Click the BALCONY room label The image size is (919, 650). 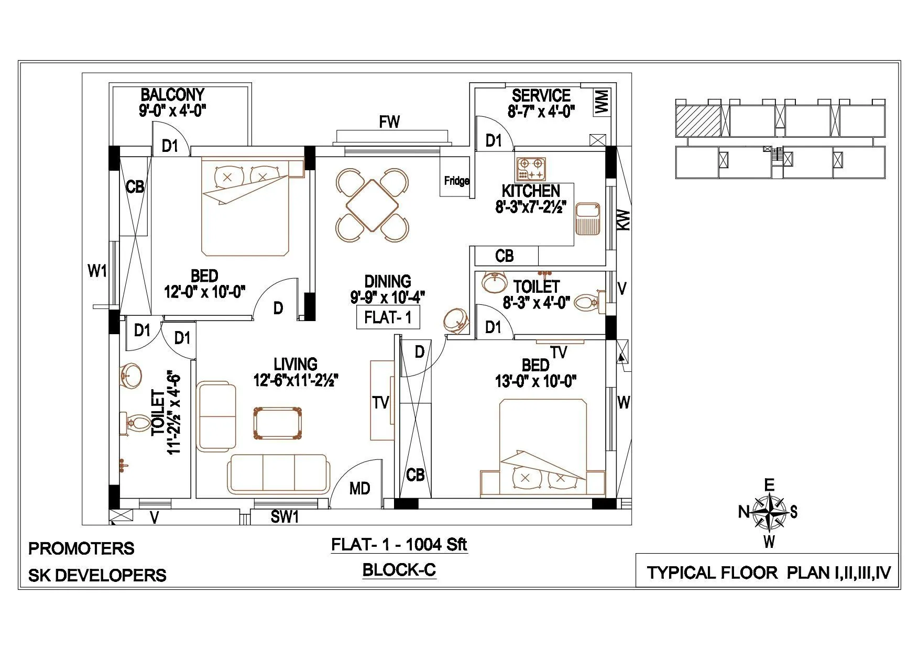(x=172, y=95)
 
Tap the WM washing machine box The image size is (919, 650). (x=601, y=102)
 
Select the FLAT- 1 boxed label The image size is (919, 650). (x=388, y=318)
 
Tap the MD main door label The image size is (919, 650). (x=359, y=489)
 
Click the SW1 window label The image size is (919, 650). (x=285, y=517)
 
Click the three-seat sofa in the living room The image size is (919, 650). (x=279, y=473)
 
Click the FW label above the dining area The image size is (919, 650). (x=389, y=122)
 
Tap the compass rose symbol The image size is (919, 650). (x=768, y=512)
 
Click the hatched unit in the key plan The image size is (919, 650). (x=698, y=121)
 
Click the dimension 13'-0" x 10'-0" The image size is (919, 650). (x=535, y=381)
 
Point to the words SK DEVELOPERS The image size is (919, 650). (x=97, y=576)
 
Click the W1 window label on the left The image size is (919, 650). (x=97, y=271)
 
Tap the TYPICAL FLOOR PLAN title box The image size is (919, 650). (x=768, y=572)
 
